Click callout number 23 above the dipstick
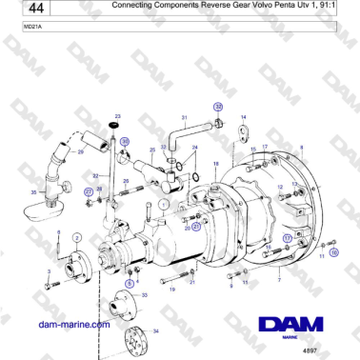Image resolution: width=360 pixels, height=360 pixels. tap(117, 115)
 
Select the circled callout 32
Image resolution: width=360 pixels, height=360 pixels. tap(218, 107)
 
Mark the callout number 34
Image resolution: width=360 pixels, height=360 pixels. tap(156, 330)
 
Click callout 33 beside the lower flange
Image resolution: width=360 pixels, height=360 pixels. tap(144, 296)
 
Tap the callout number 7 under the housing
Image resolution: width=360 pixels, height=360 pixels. tap(277, 280)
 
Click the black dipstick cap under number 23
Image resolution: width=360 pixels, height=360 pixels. tap(117, 125)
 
